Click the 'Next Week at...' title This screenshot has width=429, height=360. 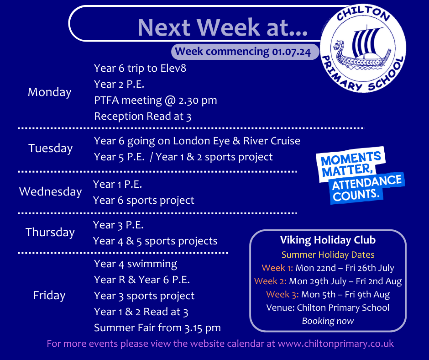[x=222, y=27]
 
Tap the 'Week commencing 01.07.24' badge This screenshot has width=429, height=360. [x=245, y=52]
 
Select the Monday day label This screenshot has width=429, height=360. [x=50, y=92]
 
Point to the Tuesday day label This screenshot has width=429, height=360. [x=50, y=148]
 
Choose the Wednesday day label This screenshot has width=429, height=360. [x=50, y=191]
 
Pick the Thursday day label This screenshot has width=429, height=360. [x=50, y=233]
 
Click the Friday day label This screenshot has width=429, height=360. [x=49, y=295]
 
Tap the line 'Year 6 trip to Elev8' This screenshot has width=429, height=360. [x=140, y=68]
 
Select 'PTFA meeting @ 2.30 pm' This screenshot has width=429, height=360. [x=156, y=100]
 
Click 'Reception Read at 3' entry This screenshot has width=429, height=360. [x=142, y=116]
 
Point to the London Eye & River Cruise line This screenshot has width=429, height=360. [x=197, y=141]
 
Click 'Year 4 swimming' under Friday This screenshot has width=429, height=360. [x=136, y=264]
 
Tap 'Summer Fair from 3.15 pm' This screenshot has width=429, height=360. [x=157, y=328]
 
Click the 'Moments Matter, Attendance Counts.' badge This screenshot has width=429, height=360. [x=360, y=175]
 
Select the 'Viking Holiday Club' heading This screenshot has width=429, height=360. [x=328, y=240]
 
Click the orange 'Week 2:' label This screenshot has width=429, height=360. [x=270, y=281]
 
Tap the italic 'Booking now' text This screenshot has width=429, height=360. [x=328, y=321]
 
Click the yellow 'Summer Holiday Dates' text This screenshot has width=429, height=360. [x=328, y=255]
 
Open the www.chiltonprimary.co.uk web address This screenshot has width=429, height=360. [x=336, y=344]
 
